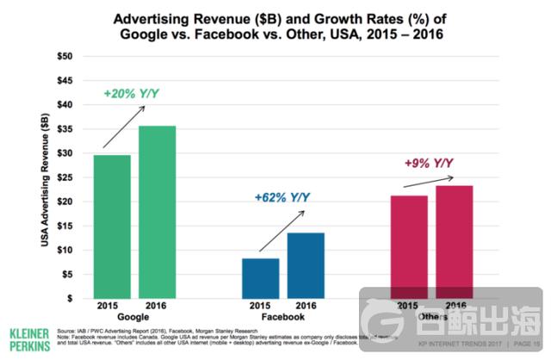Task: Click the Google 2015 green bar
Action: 113,226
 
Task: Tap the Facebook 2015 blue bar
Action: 260,277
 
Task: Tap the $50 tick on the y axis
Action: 64,56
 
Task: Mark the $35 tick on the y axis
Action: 64,128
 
